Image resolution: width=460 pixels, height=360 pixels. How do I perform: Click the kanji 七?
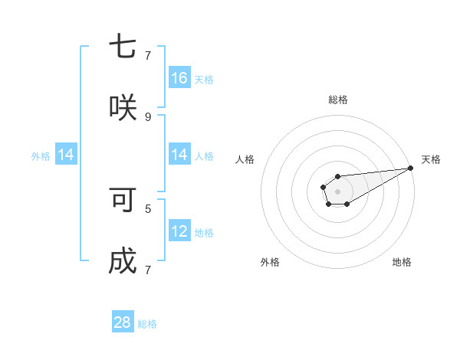pyautogui.click(x=123, y=47)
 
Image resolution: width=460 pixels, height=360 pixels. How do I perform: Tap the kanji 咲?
pyautogui.click(x=123, y=106)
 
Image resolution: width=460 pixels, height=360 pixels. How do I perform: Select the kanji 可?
pyautogui.click(x=123, y=200)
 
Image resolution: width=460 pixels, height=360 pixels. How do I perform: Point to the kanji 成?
pyautogui.click(x=123, y=260)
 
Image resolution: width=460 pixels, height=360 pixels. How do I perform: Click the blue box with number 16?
pyautogui.click(x=179, y=77)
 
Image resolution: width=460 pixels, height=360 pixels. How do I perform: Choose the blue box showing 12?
pyautogui.click(x=179, y=231)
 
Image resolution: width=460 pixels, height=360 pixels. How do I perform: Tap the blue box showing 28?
pyautogui.click(x=123, y=322)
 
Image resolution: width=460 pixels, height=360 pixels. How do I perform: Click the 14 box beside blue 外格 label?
pyautogui.click(x=66, y=155)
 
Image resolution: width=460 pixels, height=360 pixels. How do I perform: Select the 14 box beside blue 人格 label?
pyautogui.click(x=179, y=155)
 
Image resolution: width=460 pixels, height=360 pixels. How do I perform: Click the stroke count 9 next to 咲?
pyautogui.click(x=148, y=116)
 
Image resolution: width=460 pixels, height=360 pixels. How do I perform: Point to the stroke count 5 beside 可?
pyautogui.click(x=148, y=208)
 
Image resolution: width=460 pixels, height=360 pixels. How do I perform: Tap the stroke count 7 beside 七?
pyautogui.click(x=148, y=55)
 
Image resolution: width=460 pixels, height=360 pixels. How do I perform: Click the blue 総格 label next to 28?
pyautogui.click(x=147, y=324)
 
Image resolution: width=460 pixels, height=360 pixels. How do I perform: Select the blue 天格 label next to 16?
pyautogui.click(x=204, y=79)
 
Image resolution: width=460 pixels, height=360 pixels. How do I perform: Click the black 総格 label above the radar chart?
pyautogui.click(x=338, y=100)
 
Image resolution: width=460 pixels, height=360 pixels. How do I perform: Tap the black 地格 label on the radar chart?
pyautogui.click(x=402, y=262)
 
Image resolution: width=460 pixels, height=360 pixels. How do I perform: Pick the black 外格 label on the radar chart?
pyautogui.click(x=270, y=262)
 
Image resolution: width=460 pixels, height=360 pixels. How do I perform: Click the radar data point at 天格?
pyautogui.click(x=410, y=167)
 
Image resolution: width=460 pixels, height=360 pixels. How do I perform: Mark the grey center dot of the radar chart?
pyautogui.click(x=337, y=190)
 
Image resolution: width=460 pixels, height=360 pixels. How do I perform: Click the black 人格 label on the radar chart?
pyautogui.click(x=245, y=159)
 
